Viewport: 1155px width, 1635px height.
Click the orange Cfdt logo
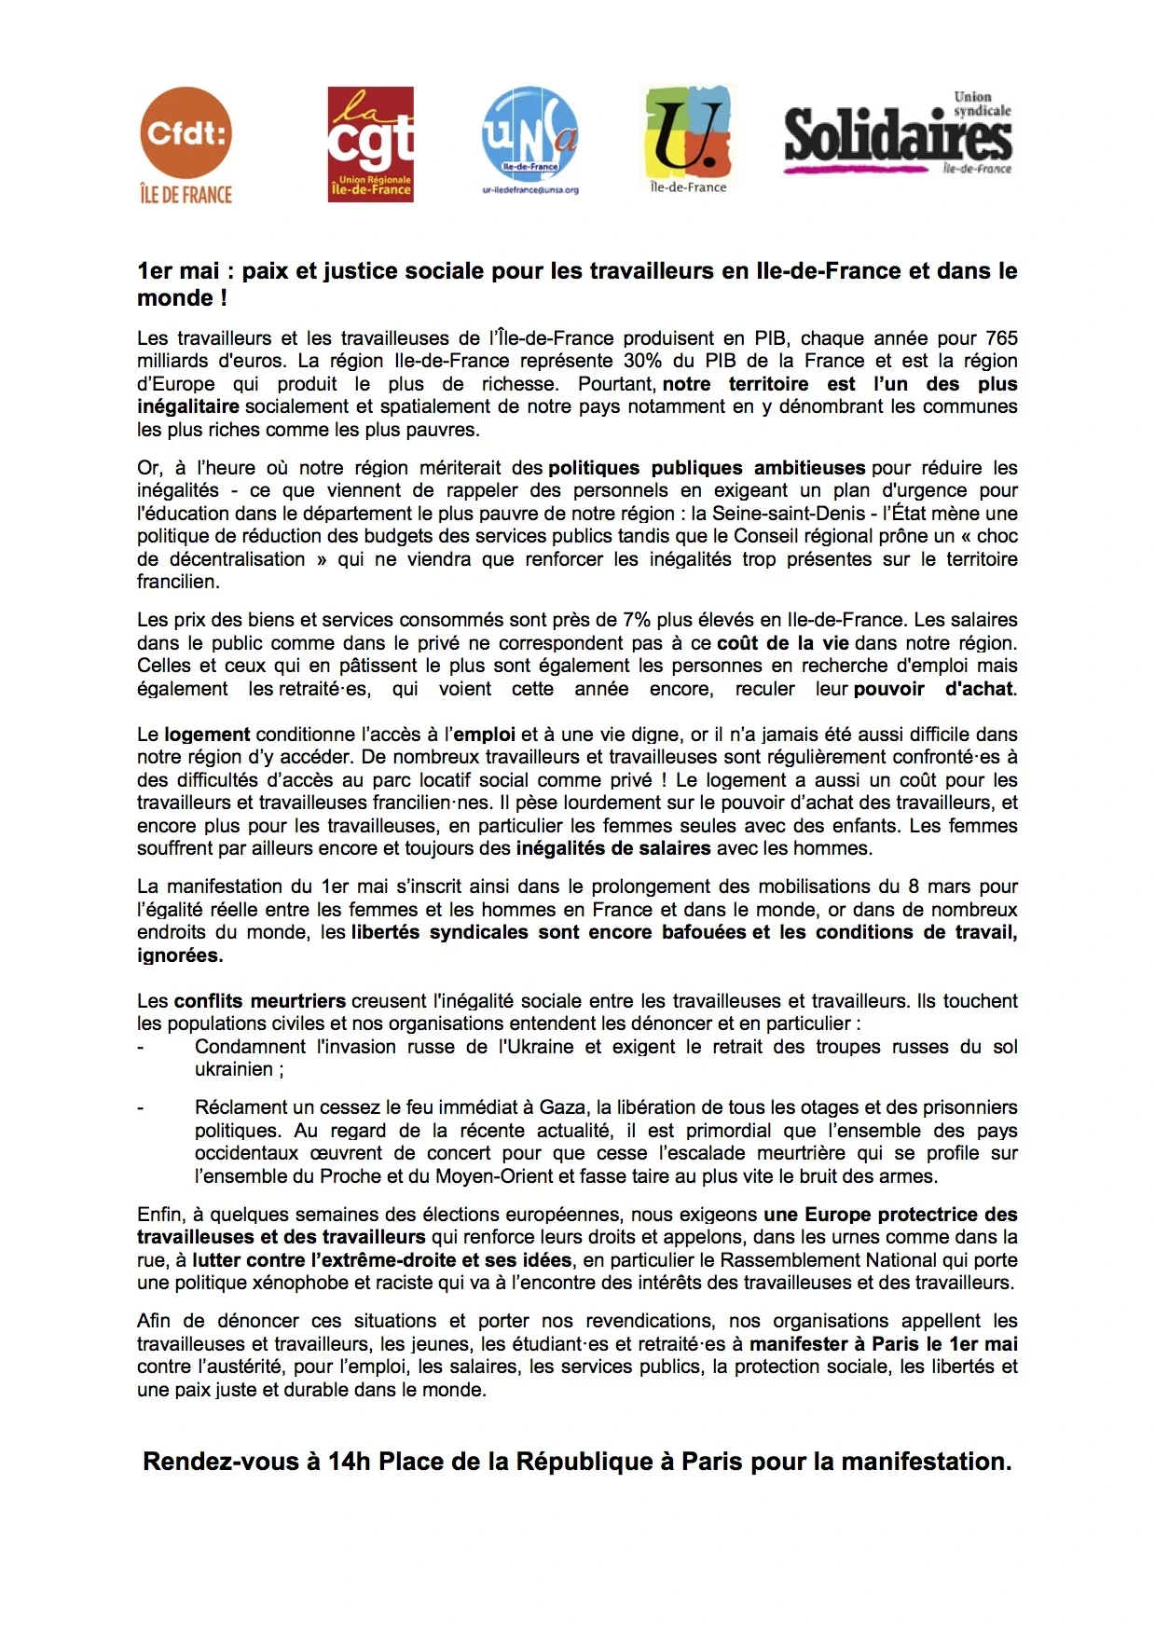pos(185,132)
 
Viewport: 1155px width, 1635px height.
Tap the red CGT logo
pos(370,144)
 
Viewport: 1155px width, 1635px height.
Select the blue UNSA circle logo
pos(529,134)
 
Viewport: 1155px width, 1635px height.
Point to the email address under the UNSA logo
pos(529,190)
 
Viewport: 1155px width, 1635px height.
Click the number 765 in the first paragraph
pos(1001,338)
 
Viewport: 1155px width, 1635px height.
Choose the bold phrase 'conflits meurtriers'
pos(260,1001)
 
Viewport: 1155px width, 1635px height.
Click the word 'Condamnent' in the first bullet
pos(250,1047)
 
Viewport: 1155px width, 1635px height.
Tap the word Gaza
pos(562,1107)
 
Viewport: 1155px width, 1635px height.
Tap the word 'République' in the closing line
pos(584,1462)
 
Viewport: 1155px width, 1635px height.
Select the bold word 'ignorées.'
pos(180,955)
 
